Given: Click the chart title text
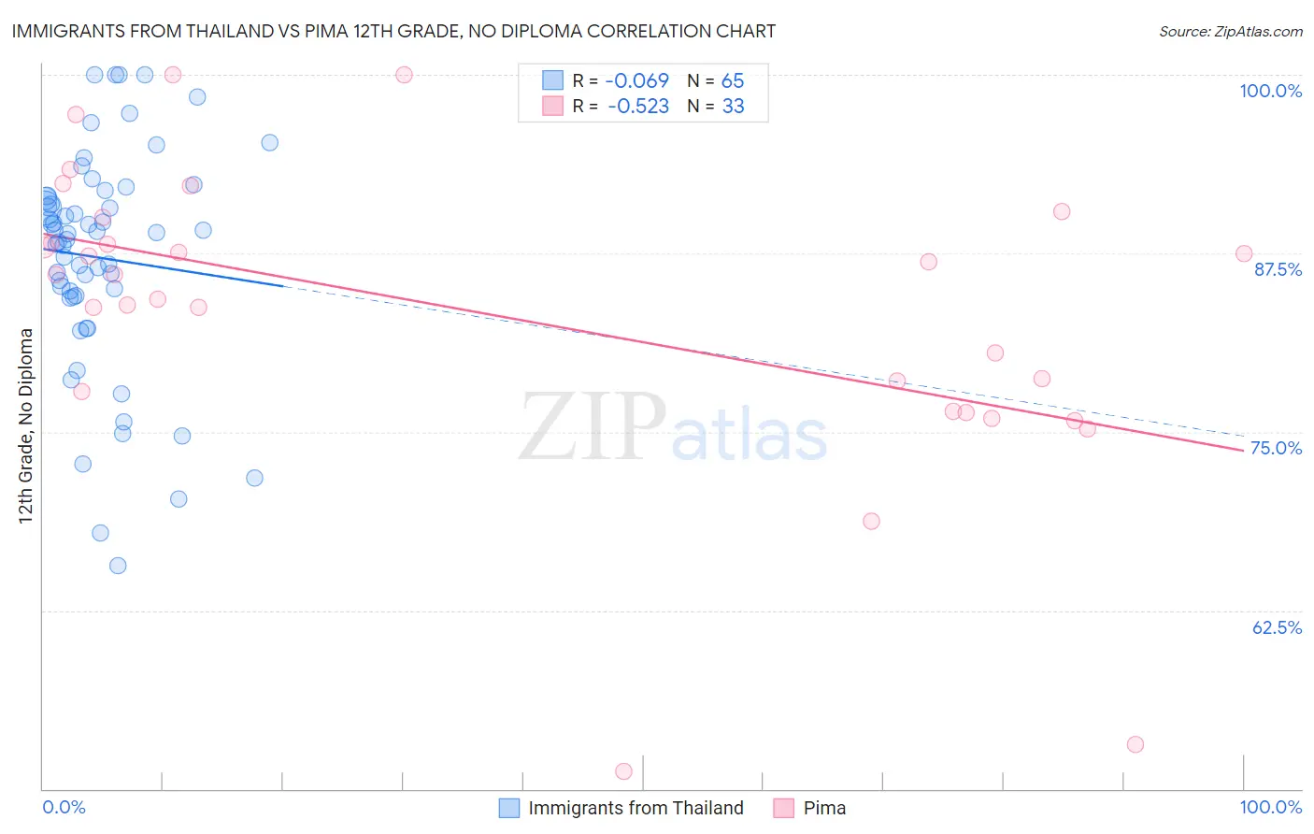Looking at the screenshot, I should coord(393,31).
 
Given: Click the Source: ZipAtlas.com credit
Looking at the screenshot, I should coord(1230,32).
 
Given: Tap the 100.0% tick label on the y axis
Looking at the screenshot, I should coord(1270,91).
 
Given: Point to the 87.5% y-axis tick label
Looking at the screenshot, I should coord(1278,269).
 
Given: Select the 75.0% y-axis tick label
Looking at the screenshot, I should coord(1276,448).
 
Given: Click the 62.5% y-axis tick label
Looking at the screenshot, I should coord(1277,627).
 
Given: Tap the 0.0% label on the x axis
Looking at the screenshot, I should coord(64,807).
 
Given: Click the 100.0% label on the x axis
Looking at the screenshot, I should coord(1270,807).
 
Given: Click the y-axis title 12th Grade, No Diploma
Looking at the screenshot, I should coord(26,425).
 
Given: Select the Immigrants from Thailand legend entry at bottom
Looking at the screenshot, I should coord(636,808).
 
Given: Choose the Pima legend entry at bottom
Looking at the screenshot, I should coord(823,808).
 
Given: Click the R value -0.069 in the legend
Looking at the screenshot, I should coord(637,81).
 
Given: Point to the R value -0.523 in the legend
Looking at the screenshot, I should coord(637,107).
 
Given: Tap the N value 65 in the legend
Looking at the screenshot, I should coord(733,81).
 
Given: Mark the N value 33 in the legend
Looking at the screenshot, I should coord(733,107).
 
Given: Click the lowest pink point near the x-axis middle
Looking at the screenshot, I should coord(623,771).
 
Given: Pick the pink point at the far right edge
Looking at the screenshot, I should coord(1244,253).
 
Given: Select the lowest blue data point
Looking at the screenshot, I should coord(118,566).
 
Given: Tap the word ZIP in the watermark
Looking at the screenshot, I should coord(593,428).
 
